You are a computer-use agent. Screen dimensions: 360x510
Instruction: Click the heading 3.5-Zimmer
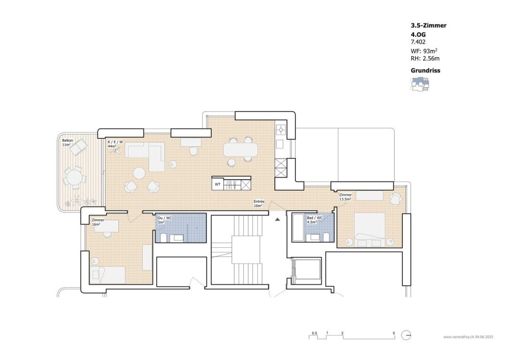point(429,24)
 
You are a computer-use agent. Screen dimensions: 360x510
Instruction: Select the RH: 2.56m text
point(425,59)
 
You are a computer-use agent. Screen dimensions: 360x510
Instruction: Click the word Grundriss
point(425,71)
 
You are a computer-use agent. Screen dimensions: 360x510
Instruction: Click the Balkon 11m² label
point(67,142)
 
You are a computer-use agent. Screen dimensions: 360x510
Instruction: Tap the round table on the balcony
point(75,178)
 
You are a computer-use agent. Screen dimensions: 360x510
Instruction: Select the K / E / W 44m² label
point(115,144)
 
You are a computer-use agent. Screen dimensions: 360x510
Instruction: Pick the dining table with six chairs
point(240,149)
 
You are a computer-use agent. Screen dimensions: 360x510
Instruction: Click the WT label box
point(218,184)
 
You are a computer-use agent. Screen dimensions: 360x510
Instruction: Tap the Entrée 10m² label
point(259,203)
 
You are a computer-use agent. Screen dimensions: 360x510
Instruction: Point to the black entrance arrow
point(277,219)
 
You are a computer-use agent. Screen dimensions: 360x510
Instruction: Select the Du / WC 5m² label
point(164,220)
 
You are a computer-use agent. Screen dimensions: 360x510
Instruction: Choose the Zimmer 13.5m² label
point(346,197)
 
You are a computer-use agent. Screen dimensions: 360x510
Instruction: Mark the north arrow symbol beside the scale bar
point(406,336)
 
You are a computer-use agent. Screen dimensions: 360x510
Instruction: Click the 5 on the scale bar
point(394,333)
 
